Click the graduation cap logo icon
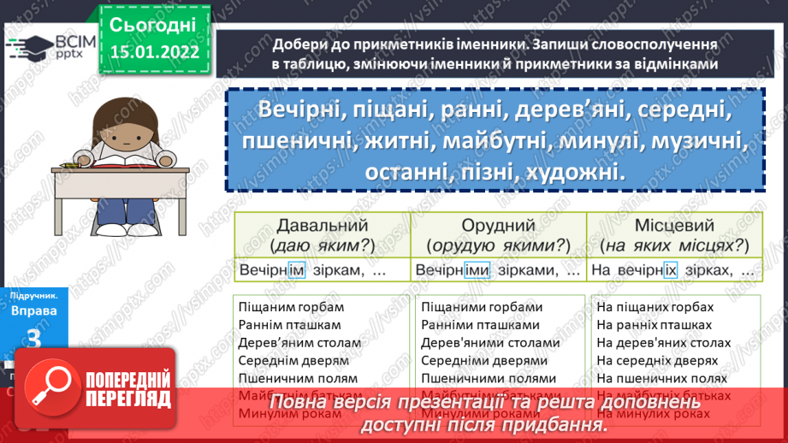coord(25,47)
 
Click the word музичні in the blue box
coord(693,140)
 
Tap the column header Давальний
coord(322,226)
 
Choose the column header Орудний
coord(498,226)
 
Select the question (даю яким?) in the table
coord(322,245)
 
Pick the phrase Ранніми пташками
coord(480,325)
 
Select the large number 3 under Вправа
coord(34,338)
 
